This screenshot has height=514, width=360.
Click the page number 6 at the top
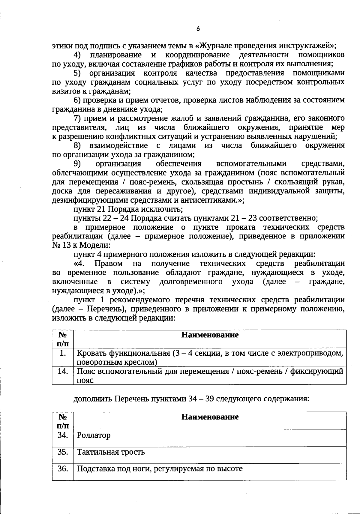[198, 29]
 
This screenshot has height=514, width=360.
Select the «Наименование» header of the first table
[210, 335]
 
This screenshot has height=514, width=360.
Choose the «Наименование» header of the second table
[210, 417]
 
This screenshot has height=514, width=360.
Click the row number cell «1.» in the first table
[63, 354]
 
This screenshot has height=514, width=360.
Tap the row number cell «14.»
[63, 372]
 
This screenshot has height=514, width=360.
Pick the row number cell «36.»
[63, 469]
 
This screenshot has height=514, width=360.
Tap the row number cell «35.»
[63, 452]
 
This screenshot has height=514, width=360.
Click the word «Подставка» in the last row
[95, 469]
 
